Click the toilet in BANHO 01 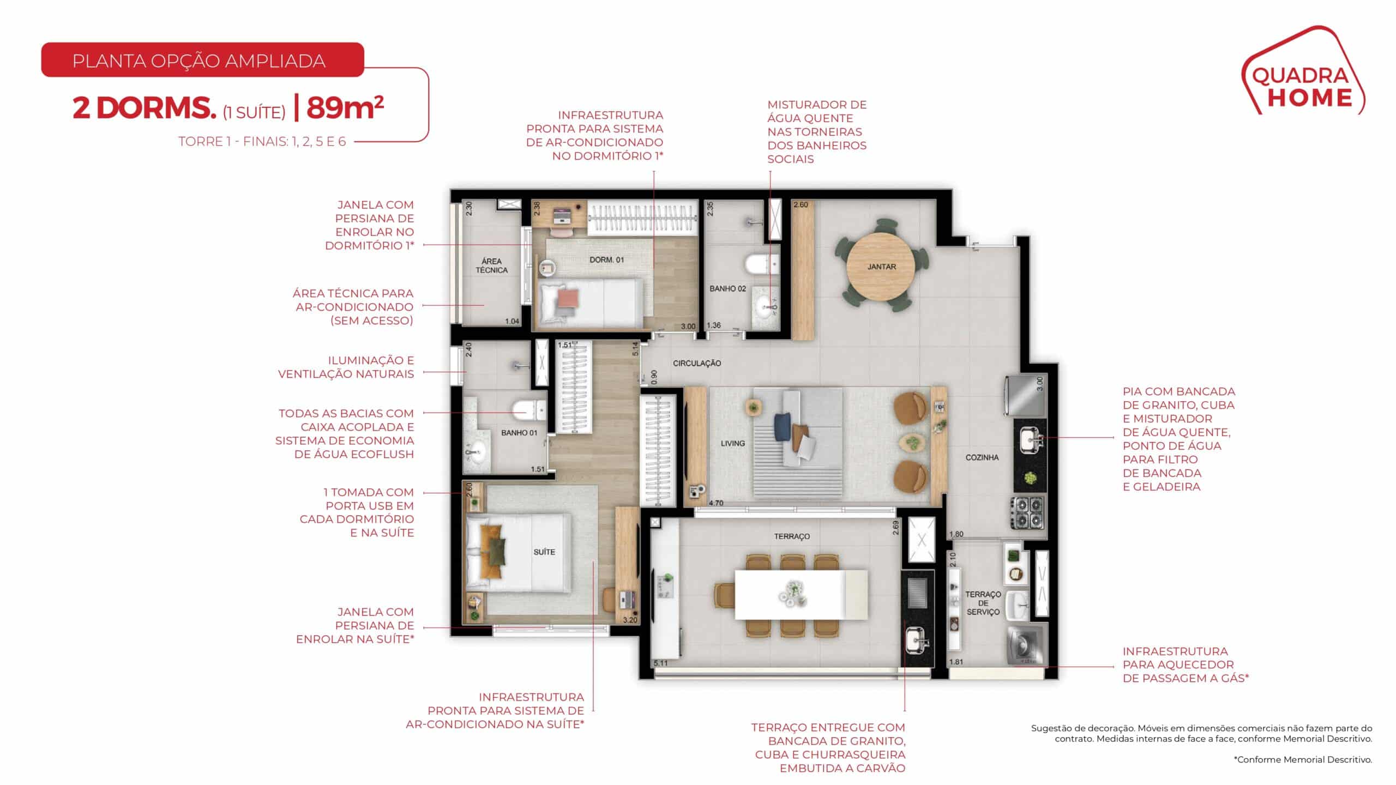click(x=528, y=410)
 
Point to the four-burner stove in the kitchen click(x=1028, y=512)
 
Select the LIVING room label click(x=732, y=443)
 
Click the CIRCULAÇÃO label click(x=697, y=363)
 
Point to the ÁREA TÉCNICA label click(x=491, y=265)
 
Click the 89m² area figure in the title click(x=345, y=108)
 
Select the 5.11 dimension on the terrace click(x=660, y=663)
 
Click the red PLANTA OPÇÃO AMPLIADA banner click(x=202, y=61)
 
